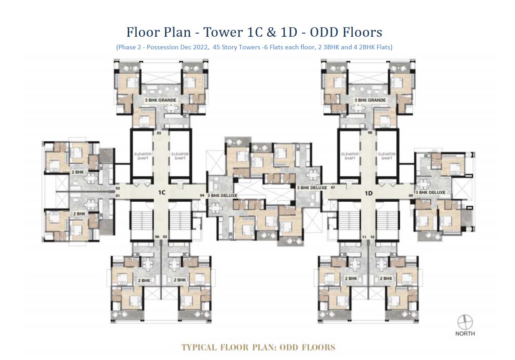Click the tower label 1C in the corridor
pos(162,192)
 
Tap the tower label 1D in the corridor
pos(369,193)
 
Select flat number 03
pos(159,133)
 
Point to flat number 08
pos(370,133)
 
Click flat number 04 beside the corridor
pos(202,195)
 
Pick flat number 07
pos(333,188)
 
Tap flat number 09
pos(411,196)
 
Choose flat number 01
pos(117,196)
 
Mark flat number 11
pos(364,236)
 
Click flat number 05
pos(165,236)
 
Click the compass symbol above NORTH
pos(465,322)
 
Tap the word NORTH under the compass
pos(465,334)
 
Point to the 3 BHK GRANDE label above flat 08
pos(370,100)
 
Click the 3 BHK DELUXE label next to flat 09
pos(430,192)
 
